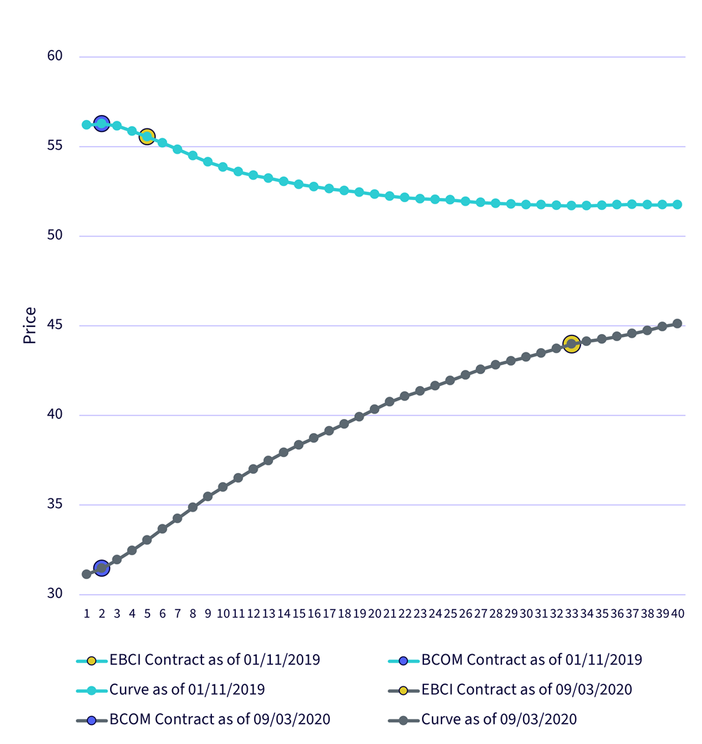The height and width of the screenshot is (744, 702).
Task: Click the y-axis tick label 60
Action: coord(55,56)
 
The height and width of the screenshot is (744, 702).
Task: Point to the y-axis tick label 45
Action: coord(55,325)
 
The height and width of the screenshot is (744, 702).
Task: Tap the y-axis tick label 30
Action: coord(55,594)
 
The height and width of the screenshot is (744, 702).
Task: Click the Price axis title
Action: coord(29,326)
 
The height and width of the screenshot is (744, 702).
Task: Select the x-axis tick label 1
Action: coord(87,614)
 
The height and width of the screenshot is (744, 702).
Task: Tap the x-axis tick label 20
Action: coord(374,614)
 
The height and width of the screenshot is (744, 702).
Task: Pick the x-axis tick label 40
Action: coord(677,614)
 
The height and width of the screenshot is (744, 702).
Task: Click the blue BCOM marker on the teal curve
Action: coord(102,124)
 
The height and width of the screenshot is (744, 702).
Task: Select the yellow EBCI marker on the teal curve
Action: coord(147,137)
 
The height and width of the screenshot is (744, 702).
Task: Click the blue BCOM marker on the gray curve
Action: coord(102,568)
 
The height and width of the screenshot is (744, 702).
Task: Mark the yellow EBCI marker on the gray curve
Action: coord(571,343)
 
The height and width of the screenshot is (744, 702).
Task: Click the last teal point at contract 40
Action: coord(677,204)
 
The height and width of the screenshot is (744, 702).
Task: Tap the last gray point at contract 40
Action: coord(677,324)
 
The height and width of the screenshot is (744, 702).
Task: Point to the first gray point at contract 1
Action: coord(86,574)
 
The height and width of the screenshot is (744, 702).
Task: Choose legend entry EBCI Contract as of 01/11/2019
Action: coord(199,660)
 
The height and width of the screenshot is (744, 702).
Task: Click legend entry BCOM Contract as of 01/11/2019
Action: coord(515,660)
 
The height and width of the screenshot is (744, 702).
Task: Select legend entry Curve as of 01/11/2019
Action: coord(171,690)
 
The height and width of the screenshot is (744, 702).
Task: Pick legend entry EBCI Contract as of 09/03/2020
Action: coord(510,690)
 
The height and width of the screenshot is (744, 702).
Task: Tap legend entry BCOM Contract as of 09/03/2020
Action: coord(203,720)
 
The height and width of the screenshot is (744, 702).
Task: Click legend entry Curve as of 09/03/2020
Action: coord(482,720)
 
